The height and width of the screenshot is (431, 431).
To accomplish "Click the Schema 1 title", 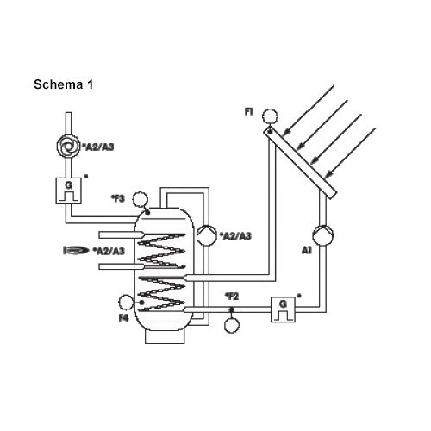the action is [64, 84].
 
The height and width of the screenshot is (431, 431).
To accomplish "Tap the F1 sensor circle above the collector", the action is [271, 116].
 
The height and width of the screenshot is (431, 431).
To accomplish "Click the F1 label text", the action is [248, 111].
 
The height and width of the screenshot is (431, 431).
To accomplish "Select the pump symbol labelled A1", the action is [323, 234].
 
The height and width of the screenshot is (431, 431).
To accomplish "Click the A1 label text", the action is [307, 250].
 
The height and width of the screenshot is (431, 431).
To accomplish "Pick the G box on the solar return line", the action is [283, 309].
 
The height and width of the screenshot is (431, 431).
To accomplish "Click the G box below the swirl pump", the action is [68, 191].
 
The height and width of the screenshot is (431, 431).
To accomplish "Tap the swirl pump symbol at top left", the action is [68, 147].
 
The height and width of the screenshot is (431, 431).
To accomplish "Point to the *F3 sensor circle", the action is [140, 199].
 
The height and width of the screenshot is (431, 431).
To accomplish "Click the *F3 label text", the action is [118, 198].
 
